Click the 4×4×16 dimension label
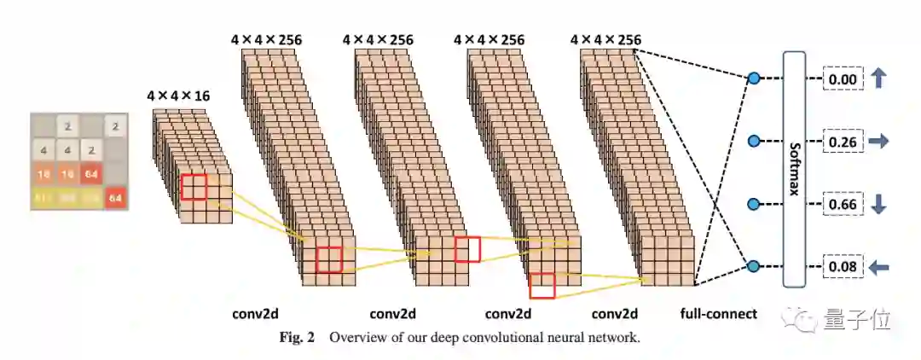(178, 96)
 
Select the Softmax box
(794, 169)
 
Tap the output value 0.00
(843, 79)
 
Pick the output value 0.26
(843, 141)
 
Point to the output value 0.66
(843, 205)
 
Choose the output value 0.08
(843, 268)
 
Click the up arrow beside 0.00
(878, 78)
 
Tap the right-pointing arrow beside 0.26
(878, 141)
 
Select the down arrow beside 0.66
(878, 205)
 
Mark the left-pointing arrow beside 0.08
(878, 268)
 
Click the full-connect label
(718, 314)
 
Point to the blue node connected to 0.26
(753, 141)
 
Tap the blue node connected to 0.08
(753, 267)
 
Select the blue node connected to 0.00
(753, 79)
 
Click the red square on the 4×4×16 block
(194, 187)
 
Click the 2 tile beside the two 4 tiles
(92, 152)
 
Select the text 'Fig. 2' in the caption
(297, 337)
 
